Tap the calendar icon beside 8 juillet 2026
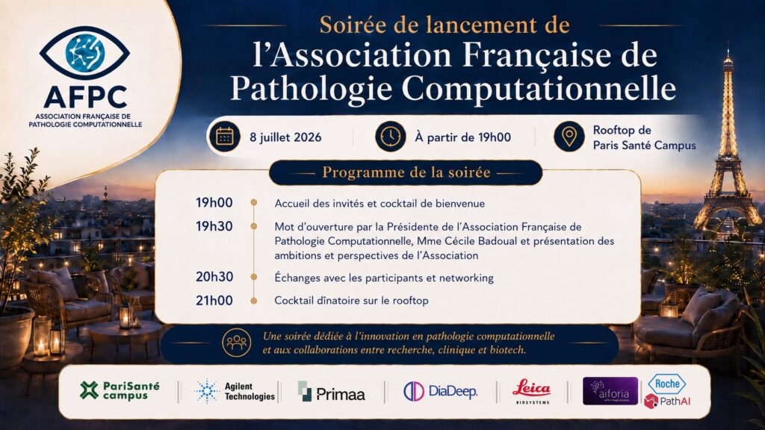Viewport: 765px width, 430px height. pos(224,137)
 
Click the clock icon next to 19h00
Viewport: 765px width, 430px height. pos(390,137)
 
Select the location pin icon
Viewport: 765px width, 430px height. pos(569,137)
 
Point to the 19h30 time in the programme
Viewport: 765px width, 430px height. pos(214,226)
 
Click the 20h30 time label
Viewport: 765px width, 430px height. pos(214,277)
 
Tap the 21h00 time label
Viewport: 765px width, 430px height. pos(214,300)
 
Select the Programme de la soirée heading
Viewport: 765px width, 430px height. pos(406,172)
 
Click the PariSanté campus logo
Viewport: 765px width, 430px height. pos(120,390)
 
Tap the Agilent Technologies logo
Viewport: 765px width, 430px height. pos(234,391)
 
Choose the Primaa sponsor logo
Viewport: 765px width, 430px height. pos(331,392)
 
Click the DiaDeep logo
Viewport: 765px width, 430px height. pos(440,391)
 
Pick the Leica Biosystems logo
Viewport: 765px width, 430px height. pos(532,391)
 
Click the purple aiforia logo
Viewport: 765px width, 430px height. pos(610,391)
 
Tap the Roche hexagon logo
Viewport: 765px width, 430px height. pos(667,384)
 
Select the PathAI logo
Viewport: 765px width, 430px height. pos(667,401)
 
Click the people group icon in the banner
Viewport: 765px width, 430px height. pos(237,342)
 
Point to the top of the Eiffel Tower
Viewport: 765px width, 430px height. pos(728,45)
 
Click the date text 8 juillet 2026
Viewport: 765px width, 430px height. pos(285,137)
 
